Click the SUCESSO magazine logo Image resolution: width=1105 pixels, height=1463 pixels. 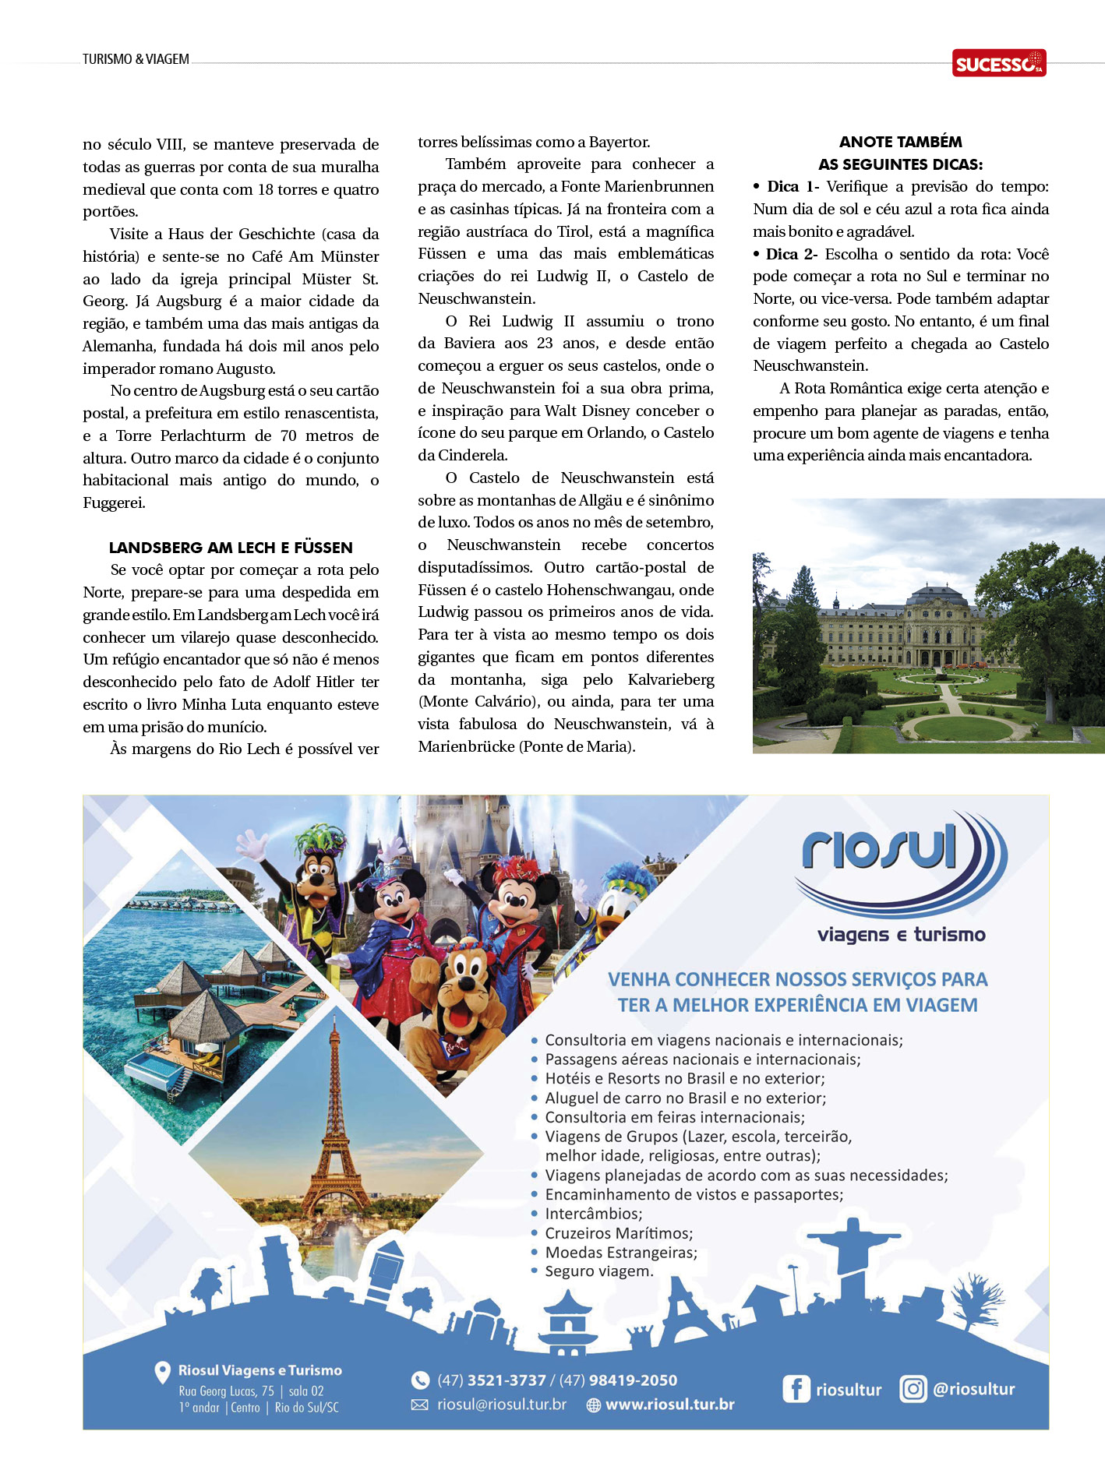tap(998, 63)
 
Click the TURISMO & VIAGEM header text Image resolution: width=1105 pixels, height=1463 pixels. tap(136, 59)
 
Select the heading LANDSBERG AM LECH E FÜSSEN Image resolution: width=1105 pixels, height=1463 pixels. tap(231, 547)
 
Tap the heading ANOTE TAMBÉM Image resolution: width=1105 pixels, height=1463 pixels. tap(900, 142)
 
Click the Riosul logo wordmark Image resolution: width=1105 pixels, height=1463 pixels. tap(880, 848)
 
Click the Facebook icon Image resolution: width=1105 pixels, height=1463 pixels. tap(796, 1389)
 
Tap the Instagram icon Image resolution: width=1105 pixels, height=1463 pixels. tap(913, 1388)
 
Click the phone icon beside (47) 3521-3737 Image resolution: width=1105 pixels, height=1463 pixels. tap(420, 1380)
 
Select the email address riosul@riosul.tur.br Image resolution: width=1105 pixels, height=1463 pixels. tap(501, 1404)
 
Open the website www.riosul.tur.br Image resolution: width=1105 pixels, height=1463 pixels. tap(669, 1404)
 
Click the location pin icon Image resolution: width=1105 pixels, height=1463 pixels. tap(162, 1372)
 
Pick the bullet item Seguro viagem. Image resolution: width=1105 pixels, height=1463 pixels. tap(598, 1271)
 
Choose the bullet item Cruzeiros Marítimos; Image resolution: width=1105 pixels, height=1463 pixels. tap(619, 1233)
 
